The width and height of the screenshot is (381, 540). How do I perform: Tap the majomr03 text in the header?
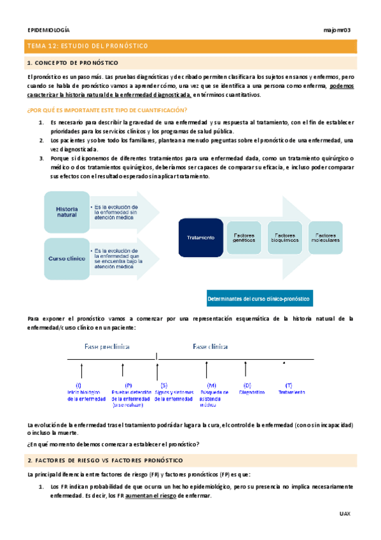click(x=338, y=30)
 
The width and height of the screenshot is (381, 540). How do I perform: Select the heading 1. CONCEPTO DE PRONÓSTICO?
click(x=72, y=63)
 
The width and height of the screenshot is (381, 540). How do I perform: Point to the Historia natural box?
click(x=67, y=212)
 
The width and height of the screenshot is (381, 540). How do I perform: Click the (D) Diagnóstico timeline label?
click(x=247, y=389)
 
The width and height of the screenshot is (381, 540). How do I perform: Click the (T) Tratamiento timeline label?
click(x=289, y=389)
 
